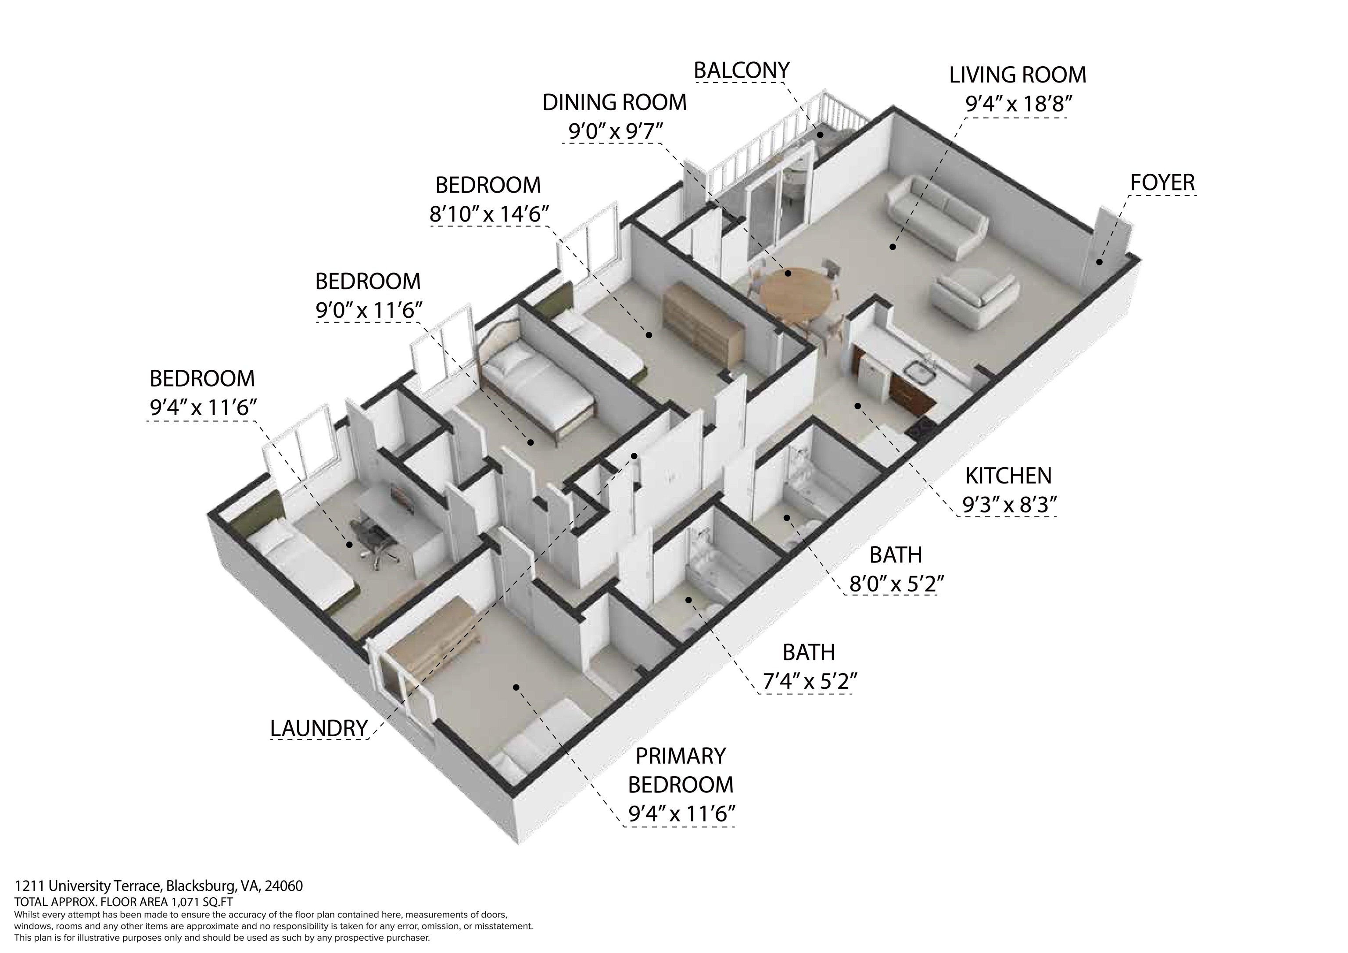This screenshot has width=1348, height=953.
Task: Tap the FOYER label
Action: tap(1162, 183)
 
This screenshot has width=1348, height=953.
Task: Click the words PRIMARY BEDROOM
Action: tap(681, 770)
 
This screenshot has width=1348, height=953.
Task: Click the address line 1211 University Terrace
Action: tap(158, 885)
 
